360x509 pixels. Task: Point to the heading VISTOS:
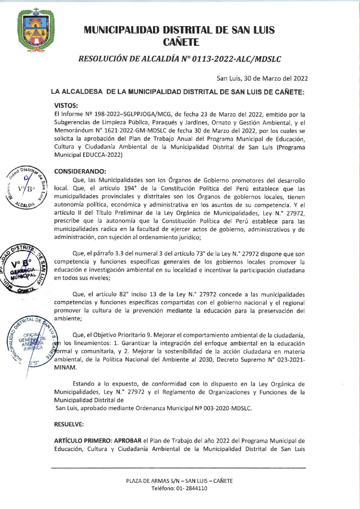coord(66,105)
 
